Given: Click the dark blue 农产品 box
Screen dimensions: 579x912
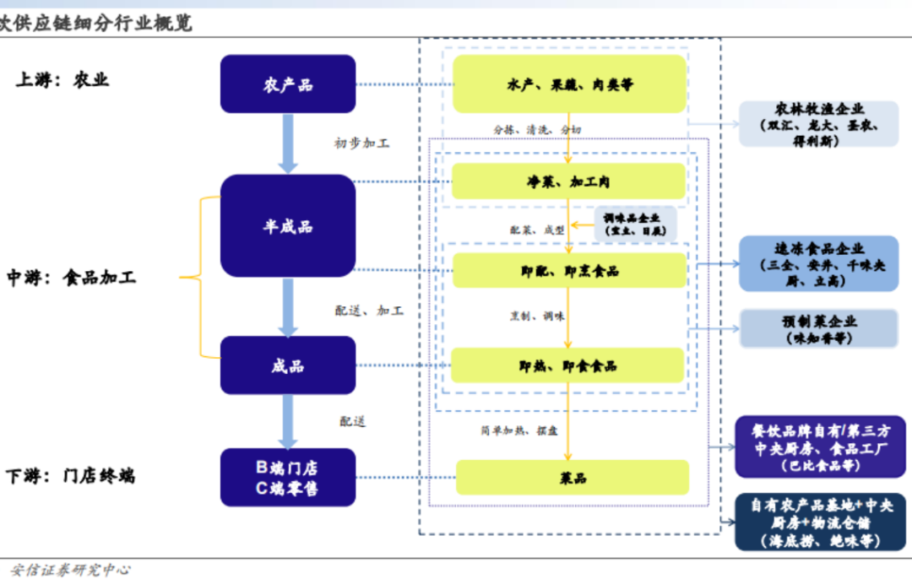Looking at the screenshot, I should point(287,84).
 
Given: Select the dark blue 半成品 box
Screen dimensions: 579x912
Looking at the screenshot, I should point(287,225).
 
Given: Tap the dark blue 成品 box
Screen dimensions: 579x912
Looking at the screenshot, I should point(287,365).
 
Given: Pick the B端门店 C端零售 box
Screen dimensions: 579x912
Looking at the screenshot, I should point(287,478).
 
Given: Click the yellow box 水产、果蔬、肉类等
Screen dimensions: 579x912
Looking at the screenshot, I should point(569,84).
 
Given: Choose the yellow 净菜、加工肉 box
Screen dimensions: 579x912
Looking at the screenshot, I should point(569,181).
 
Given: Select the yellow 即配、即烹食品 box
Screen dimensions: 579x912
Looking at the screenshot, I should point(569,270).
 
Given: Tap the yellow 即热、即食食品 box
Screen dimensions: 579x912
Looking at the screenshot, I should point(569,365).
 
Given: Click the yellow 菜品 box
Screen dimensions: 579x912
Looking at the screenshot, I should point(573,478).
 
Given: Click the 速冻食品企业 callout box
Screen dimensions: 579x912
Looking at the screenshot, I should point(818,263).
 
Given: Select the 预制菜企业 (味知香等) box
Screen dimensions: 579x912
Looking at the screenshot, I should point(818,328).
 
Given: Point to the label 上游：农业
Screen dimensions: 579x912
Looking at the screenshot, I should point(62,80).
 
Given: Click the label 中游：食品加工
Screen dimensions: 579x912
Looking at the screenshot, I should point(71,277).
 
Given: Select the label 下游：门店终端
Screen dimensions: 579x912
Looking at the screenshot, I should point(70,476).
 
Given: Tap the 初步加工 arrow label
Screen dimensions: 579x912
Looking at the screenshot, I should point(361,143).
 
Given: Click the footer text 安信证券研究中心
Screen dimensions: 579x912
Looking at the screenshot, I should point(71,570).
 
